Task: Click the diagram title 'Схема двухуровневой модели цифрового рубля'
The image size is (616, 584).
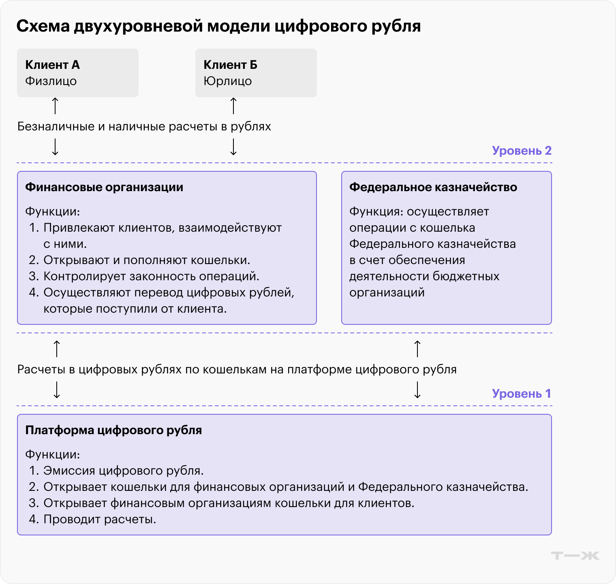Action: (x=218, y=26)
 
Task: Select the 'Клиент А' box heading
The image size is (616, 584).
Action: (x=52, y=65)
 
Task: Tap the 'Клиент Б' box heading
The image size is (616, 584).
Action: (x=230, y=65)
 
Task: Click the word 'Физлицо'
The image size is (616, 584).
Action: (x=51, y=81)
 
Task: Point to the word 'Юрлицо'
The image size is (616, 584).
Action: (x=227, y=81)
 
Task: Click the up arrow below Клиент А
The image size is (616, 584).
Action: (x=55, y=106)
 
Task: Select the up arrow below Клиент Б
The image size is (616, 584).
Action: (x=233, y=106)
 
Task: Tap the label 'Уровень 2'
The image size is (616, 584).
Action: (x=522, y=151)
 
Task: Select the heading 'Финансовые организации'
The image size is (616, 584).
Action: (x=104, y=187)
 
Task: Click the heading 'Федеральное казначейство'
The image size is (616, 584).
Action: (x=433, y=187)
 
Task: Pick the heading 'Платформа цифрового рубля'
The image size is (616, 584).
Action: (x=113, y=430)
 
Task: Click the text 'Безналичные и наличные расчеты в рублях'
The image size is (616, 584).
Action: (x=144, y=126)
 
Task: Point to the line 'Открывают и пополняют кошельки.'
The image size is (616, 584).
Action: (x=147, y=260)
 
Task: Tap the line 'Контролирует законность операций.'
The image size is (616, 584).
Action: (x=151, y=276)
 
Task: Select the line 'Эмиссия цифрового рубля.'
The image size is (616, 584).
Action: (x=123, y=471)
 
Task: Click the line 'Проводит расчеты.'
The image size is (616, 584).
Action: (x=100, y=519)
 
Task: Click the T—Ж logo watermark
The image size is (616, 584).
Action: (x=575, y=556)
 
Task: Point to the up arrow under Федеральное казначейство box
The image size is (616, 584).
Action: (x=417, y=349)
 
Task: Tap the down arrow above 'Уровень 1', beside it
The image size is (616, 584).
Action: (x=417, y=390)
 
